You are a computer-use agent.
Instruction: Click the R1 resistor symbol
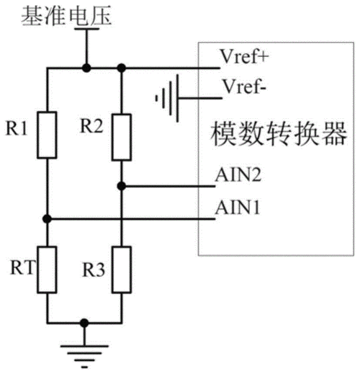tap(47, 134)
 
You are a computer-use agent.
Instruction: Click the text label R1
tap(17, 130)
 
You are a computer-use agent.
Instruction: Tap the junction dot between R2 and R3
tap(122, 186)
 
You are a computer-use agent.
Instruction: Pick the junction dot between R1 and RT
tap(47, 218)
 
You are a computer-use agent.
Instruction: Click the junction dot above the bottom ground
tap(86, 323)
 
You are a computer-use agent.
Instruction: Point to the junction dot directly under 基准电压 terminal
tap(86, 68)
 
